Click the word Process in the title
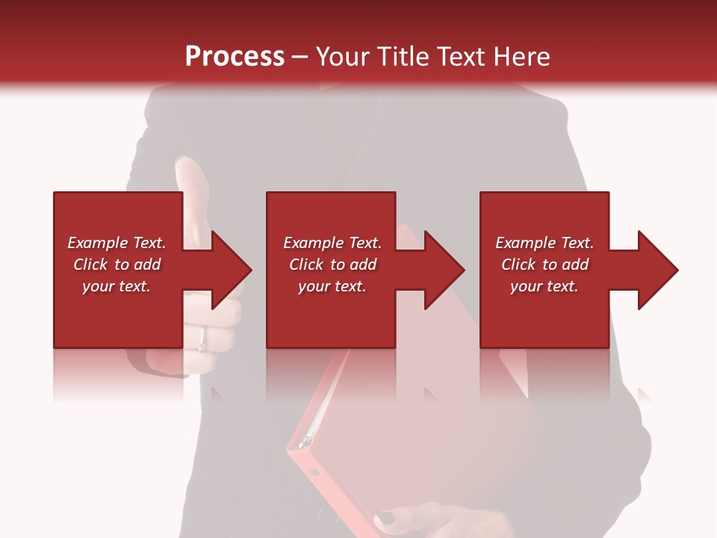pos(235,57)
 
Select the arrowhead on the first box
pos(232,270)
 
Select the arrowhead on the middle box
pos(444,270)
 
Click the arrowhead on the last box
pos(657,270)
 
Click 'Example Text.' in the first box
pos(117,243)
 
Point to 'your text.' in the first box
pos(117,286)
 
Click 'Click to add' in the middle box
pos(332,265)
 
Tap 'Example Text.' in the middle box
pos(332,243)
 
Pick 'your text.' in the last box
pos(544,286)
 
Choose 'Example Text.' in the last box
pos(544,243)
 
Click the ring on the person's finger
pos(202,340)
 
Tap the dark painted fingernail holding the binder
pos(386,518)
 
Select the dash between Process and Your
pos(299,57)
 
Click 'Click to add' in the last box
pos(544,265)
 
